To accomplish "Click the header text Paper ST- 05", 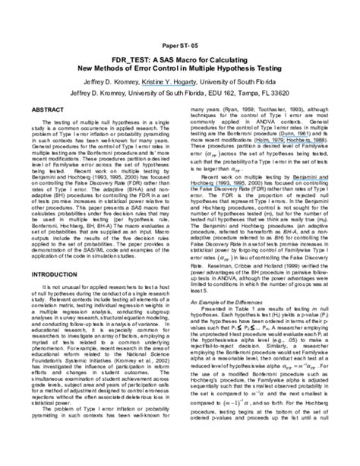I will click(180, 45).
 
